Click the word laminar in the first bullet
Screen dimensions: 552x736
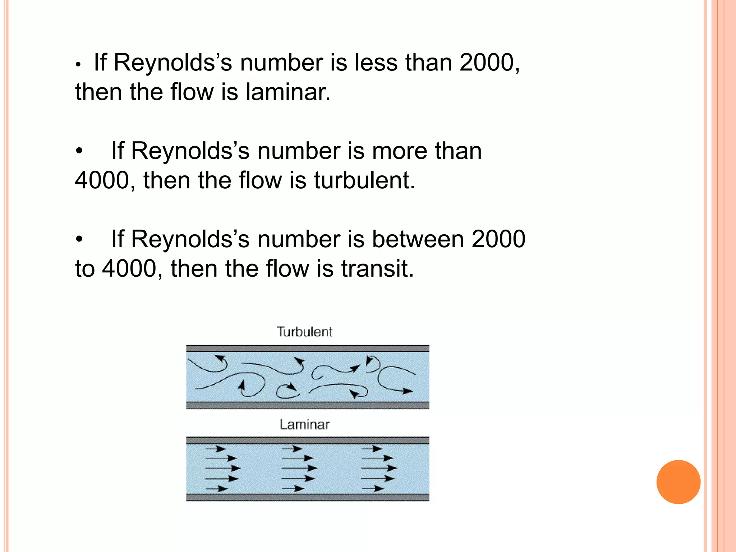[x=287, y=92]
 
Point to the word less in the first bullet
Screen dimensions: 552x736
[x=376, y=63]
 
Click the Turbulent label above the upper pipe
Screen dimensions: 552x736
[x=304, y=332]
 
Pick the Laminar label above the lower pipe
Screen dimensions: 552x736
[x=304, y=425]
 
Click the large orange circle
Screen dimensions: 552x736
[x=678, y=482]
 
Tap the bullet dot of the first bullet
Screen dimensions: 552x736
[x=78, y=65]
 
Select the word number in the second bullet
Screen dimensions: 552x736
[x=299, y=151]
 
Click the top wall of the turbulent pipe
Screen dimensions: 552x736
[x=308, y=348]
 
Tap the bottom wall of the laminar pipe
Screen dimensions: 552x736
[x=308, y=497]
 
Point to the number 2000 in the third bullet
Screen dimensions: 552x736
[x=498, y=239]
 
